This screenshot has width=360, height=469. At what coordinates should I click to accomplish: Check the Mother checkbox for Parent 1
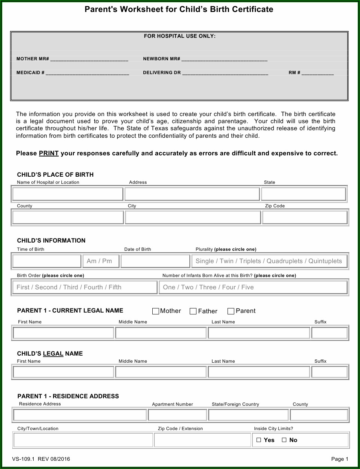[156, 311]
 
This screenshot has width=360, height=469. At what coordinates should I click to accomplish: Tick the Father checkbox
[193, 311]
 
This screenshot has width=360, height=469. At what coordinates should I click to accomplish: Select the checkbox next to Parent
[231, 311]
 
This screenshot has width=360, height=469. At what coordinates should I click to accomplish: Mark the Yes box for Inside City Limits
[259, 440]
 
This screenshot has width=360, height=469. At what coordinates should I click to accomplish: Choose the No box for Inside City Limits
[284, 440]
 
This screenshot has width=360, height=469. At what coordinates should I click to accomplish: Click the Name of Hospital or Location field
[68, 194]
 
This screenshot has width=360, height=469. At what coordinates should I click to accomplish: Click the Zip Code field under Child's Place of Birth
[305, 217]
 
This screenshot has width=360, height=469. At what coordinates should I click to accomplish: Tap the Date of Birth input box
[155, 261]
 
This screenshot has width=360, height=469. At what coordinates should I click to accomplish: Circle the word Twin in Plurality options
[226, 261]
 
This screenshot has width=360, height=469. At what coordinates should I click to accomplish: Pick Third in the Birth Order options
[71, 287]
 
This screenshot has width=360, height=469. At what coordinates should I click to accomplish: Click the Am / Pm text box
[99, 261]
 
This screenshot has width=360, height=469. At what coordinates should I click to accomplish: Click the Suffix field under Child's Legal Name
[329, 372]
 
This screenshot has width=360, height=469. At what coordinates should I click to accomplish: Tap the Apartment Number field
[177, 415]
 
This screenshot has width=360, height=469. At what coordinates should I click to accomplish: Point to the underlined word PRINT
[49, 153]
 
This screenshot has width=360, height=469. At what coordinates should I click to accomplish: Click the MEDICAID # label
[30, 73]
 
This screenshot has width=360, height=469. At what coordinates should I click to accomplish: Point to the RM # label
[294, 73]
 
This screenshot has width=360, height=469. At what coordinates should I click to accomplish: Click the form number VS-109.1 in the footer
[25, 459]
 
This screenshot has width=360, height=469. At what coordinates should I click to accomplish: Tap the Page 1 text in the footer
[339, 459]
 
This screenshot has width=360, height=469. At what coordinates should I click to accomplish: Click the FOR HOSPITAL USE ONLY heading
[180, 36]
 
